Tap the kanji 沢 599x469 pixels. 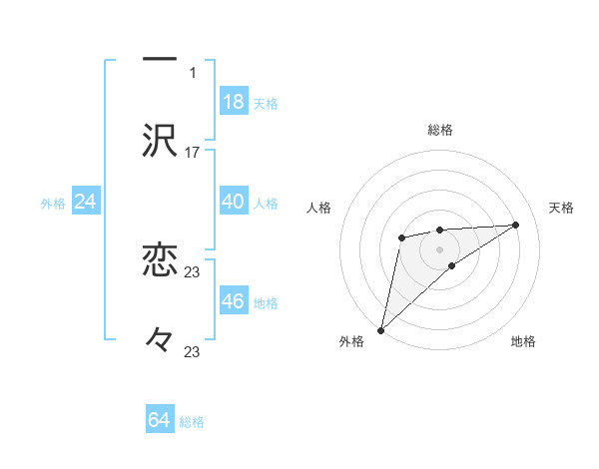[x=160, y=141]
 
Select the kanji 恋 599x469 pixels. [x=160, y=260]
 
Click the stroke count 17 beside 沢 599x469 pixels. [x=193, y=153]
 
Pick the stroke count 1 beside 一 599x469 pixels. [x=193, y=73]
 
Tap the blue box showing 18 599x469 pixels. [x=234, y=101]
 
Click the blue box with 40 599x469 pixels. [x=234, y=201]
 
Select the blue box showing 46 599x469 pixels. [x=234, y=300]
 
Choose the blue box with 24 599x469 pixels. [x=86, y=202]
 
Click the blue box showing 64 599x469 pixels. [x=160, y=420]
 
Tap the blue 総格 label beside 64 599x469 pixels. [x=192, y=422]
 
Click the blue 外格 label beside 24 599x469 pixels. [x=53, y=204]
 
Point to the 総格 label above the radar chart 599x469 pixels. [x=440, y=130]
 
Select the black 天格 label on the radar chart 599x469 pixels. [x=562, y=208]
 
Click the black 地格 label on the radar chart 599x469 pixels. [x=523, y=341]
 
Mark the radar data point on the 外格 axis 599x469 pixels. [x=381, y=329]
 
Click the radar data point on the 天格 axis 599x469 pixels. [x=516, y=225]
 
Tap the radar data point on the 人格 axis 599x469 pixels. [x=401, y=237]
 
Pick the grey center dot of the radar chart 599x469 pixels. [x=440, y=248]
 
